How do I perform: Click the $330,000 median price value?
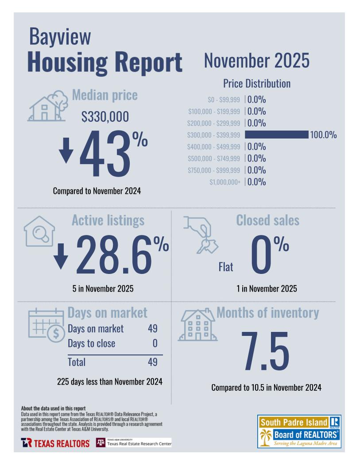coord(105,117)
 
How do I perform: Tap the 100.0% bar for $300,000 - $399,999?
coord(276,135)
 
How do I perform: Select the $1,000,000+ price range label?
coord(225,182)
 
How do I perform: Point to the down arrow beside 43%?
coord(66,150)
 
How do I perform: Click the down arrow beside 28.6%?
coord(61,256)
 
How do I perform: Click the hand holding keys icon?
coord(200,234)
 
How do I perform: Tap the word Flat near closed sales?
coord(226,267)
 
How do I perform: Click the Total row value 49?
coord(152,362)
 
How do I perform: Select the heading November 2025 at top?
coord(256,61)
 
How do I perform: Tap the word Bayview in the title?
coord(60,37)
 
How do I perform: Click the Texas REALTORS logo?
coord(55,443)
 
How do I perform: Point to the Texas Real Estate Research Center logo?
coord(134,443)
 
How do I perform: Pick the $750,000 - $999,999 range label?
coord(213,170)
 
